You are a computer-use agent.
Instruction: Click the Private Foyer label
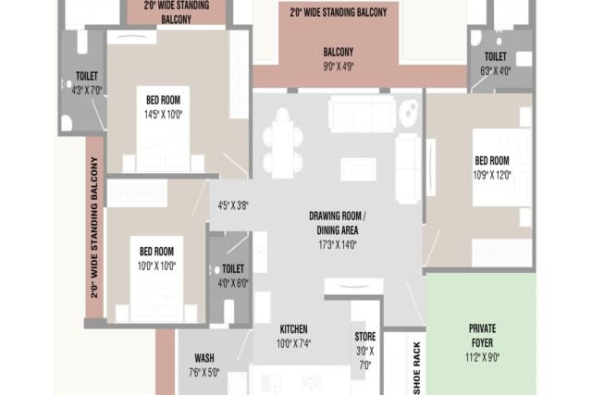tap(482, 336)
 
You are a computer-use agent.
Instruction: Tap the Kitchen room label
tap(294, 329)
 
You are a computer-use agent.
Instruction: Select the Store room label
tap(365, 337)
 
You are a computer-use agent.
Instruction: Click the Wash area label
tap(204, 358)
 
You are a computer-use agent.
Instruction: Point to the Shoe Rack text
tap(417, 368)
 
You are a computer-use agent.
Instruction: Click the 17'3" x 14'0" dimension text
tap(338, 245)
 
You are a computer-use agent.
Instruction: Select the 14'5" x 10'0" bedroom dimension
tap(163, 115)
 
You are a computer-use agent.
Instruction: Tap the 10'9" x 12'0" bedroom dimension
tap(492, 175)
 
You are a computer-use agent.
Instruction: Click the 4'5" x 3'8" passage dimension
tap(233, 205)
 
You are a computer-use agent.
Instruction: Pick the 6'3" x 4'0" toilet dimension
tap(496, 71)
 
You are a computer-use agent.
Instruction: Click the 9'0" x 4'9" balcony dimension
tap(339, 67)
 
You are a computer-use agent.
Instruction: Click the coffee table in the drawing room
tap(358, 168)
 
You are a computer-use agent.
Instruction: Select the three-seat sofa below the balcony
tap(362, 114)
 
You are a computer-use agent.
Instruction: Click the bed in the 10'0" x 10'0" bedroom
tap(156, 278)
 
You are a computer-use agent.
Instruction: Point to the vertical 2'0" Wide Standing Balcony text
tap(94, 228)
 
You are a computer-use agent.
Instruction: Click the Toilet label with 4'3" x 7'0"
tap(87, 76)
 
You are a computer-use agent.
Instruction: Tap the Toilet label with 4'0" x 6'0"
tap(233, 269)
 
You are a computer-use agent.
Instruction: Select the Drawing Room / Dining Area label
tap(337, 223)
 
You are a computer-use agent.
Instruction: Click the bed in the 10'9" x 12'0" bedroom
tap(501, 167)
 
